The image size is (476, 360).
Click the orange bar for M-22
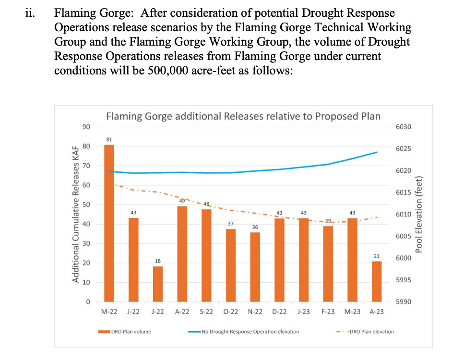pos(109,223)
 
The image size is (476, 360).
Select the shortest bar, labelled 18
pos(158,284)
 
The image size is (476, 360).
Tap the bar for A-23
pos(377,282)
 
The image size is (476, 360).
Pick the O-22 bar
pos(231,265)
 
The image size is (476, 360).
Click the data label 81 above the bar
pos(109,139)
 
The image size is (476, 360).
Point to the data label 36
pos(255,227)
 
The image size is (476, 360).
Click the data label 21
pos(377,256)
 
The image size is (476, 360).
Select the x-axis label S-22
pos(206,312)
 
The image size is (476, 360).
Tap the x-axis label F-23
pos(328,312)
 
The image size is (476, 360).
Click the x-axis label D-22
pos(279,312)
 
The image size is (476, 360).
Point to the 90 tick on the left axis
pos(86,127)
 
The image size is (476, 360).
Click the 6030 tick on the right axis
pos(404,127)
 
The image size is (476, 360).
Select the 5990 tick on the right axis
pos(404,302)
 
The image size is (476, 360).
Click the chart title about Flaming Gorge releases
pos(243,116)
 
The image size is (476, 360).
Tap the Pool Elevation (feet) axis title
pos(419,215)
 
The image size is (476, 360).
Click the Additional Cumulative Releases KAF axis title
pos(75,215)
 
